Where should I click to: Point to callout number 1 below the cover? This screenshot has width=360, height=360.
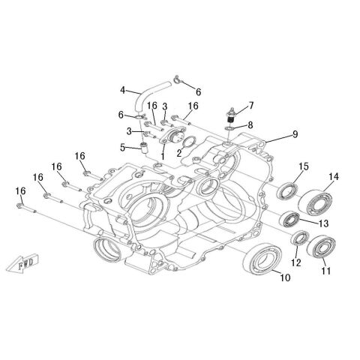tap(163, 154)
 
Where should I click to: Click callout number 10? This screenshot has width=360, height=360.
tap(284, 278)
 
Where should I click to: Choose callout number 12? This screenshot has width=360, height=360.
tap(295, 263)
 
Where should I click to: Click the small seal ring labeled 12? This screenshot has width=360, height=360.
tap(298, 239)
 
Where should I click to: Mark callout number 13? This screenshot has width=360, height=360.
tap(324, 223)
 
